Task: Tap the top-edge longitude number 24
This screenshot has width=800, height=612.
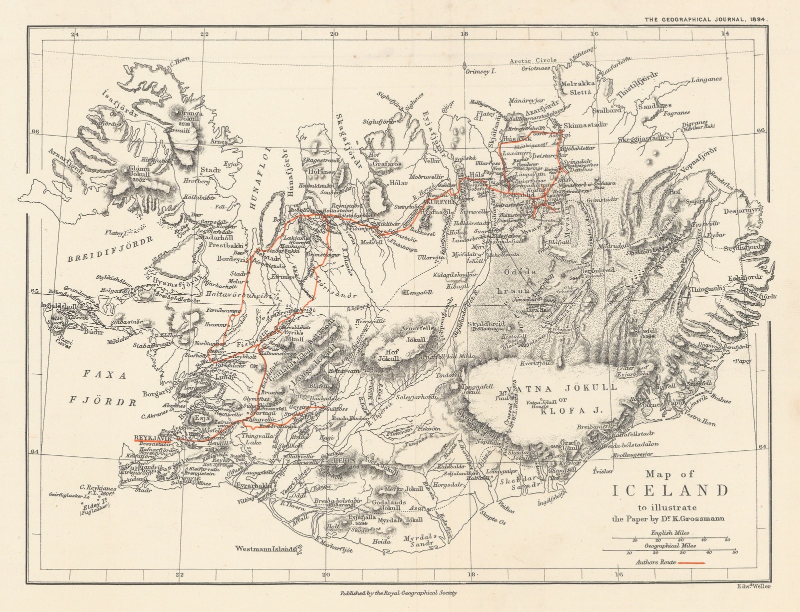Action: [x=75, y=34]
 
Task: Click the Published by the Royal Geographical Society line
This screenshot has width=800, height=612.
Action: [x=398, y=592]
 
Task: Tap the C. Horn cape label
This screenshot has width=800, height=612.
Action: [x=180, y=63]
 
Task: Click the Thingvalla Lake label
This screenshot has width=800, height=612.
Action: [x=243, y=439]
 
